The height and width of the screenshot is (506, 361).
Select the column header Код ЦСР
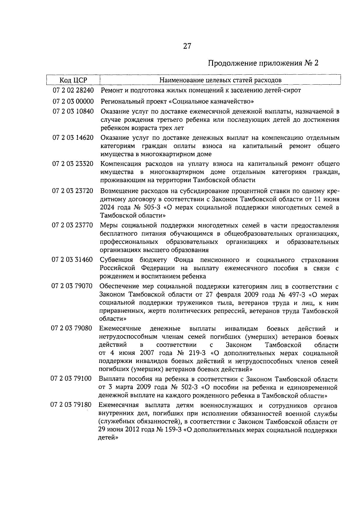73,80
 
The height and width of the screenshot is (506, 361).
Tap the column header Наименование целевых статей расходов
220,80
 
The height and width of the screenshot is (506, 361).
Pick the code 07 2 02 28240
73,90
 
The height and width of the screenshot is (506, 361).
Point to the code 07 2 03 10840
73,112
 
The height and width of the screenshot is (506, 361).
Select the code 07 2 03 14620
73,138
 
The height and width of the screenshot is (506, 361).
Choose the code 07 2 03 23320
73,164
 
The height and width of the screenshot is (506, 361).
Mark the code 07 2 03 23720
73,191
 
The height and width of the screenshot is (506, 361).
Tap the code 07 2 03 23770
73,226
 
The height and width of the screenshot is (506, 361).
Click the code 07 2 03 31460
73,260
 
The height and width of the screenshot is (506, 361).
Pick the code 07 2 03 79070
72,286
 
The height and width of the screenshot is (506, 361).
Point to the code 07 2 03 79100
72,379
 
